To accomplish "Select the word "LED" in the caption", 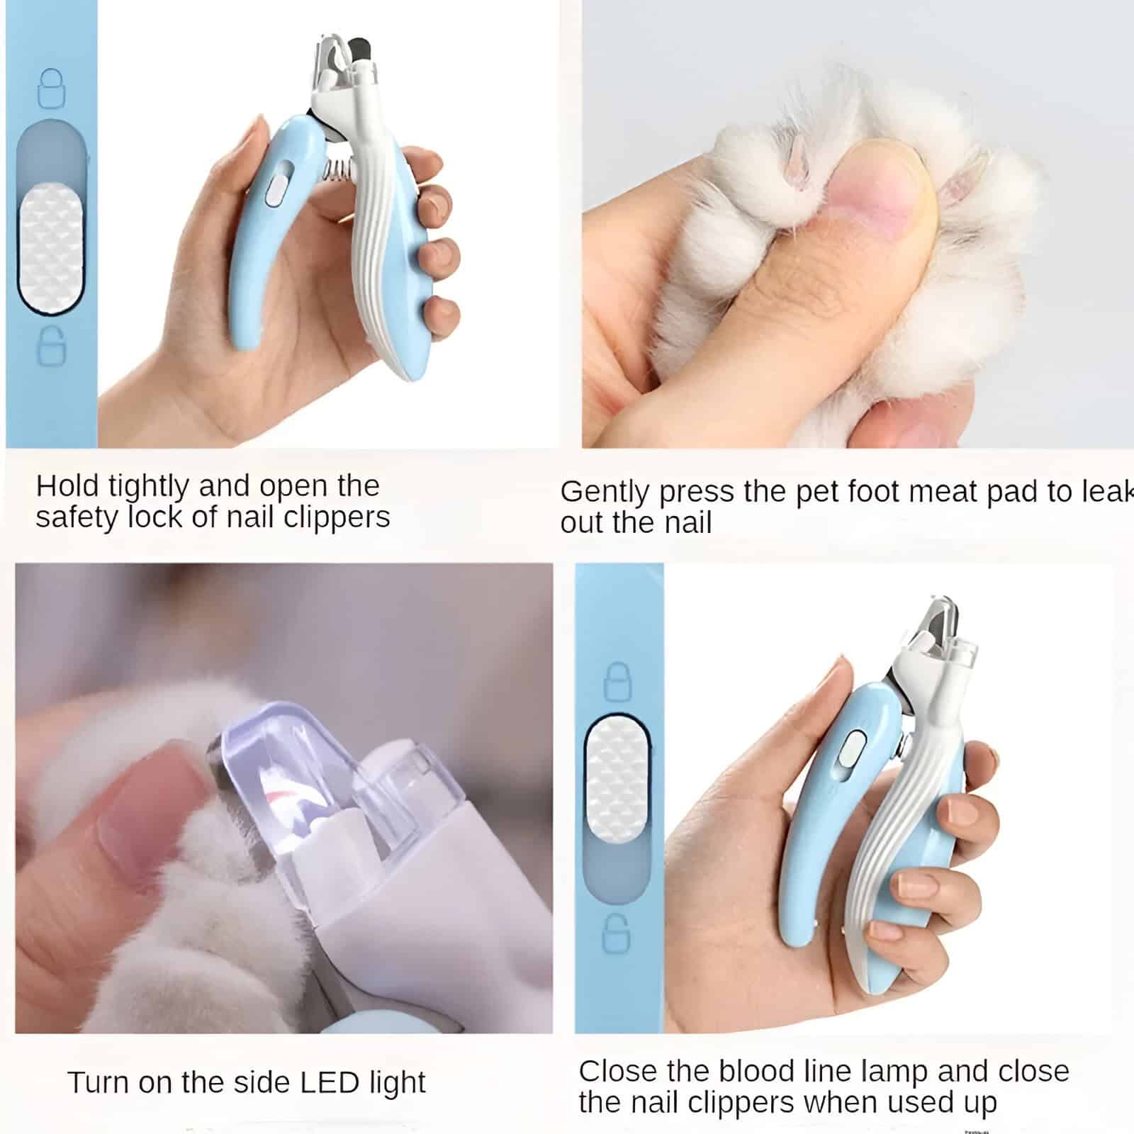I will click(330, 1082).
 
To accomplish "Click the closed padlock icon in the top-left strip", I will click(50, 89).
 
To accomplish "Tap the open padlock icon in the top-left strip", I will click(51, 346).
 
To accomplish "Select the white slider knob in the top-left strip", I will click(50, 248).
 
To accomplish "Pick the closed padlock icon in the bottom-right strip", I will click(617, 682).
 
